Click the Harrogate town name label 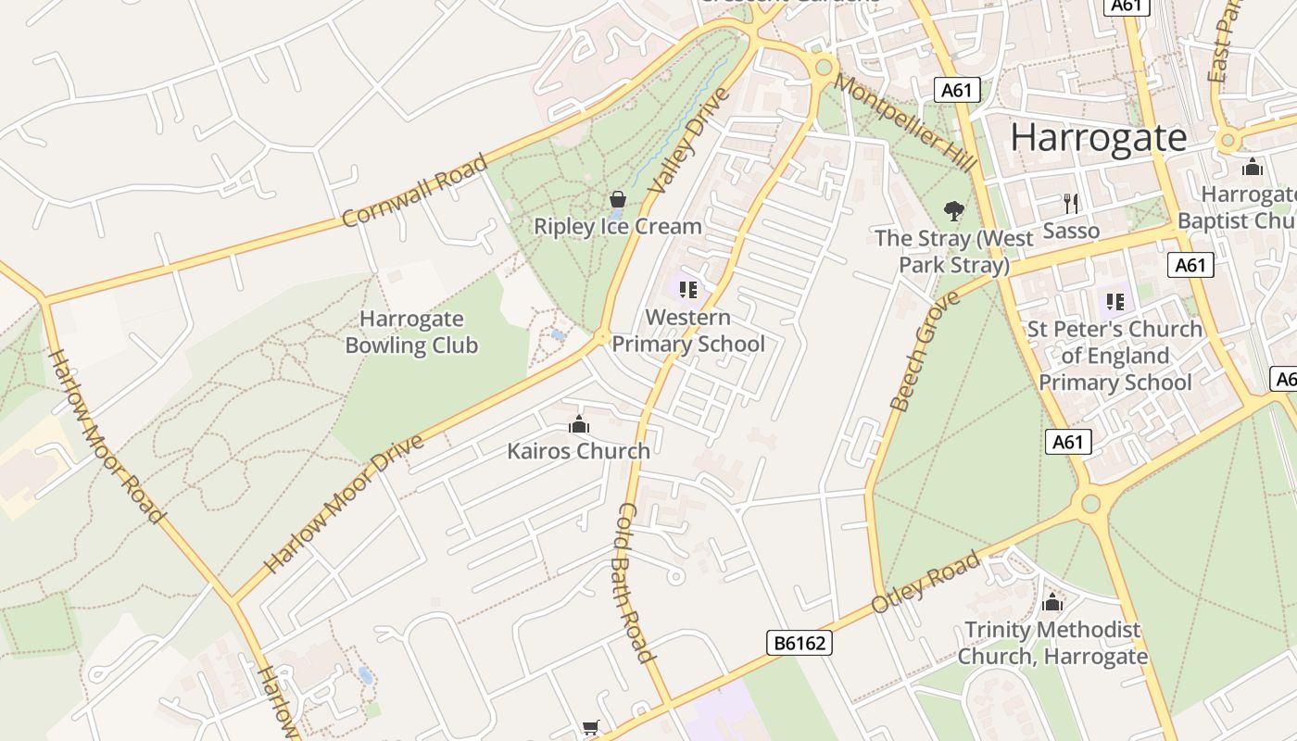point(1098,137)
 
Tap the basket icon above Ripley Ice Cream point(618,199)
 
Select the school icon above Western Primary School point(687,290)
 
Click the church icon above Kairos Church point(579,425)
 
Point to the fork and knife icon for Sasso point(1071,203)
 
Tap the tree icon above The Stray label point(953,211)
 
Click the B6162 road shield point(800,643)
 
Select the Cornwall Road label point(414,191)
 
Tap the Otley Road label point(925,584)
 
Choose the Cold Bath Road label point(636,583)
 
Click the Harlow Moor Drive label point(344,503)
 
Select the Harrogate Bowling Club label point(411,333)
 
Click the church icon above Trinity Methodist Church point(1051,602)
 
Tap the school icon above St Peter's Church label point(1114,301)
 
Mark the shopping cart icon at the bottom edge point(591,728)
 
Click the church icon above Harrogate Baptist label point(1253,167)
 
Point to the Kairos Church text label point(578,451)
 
